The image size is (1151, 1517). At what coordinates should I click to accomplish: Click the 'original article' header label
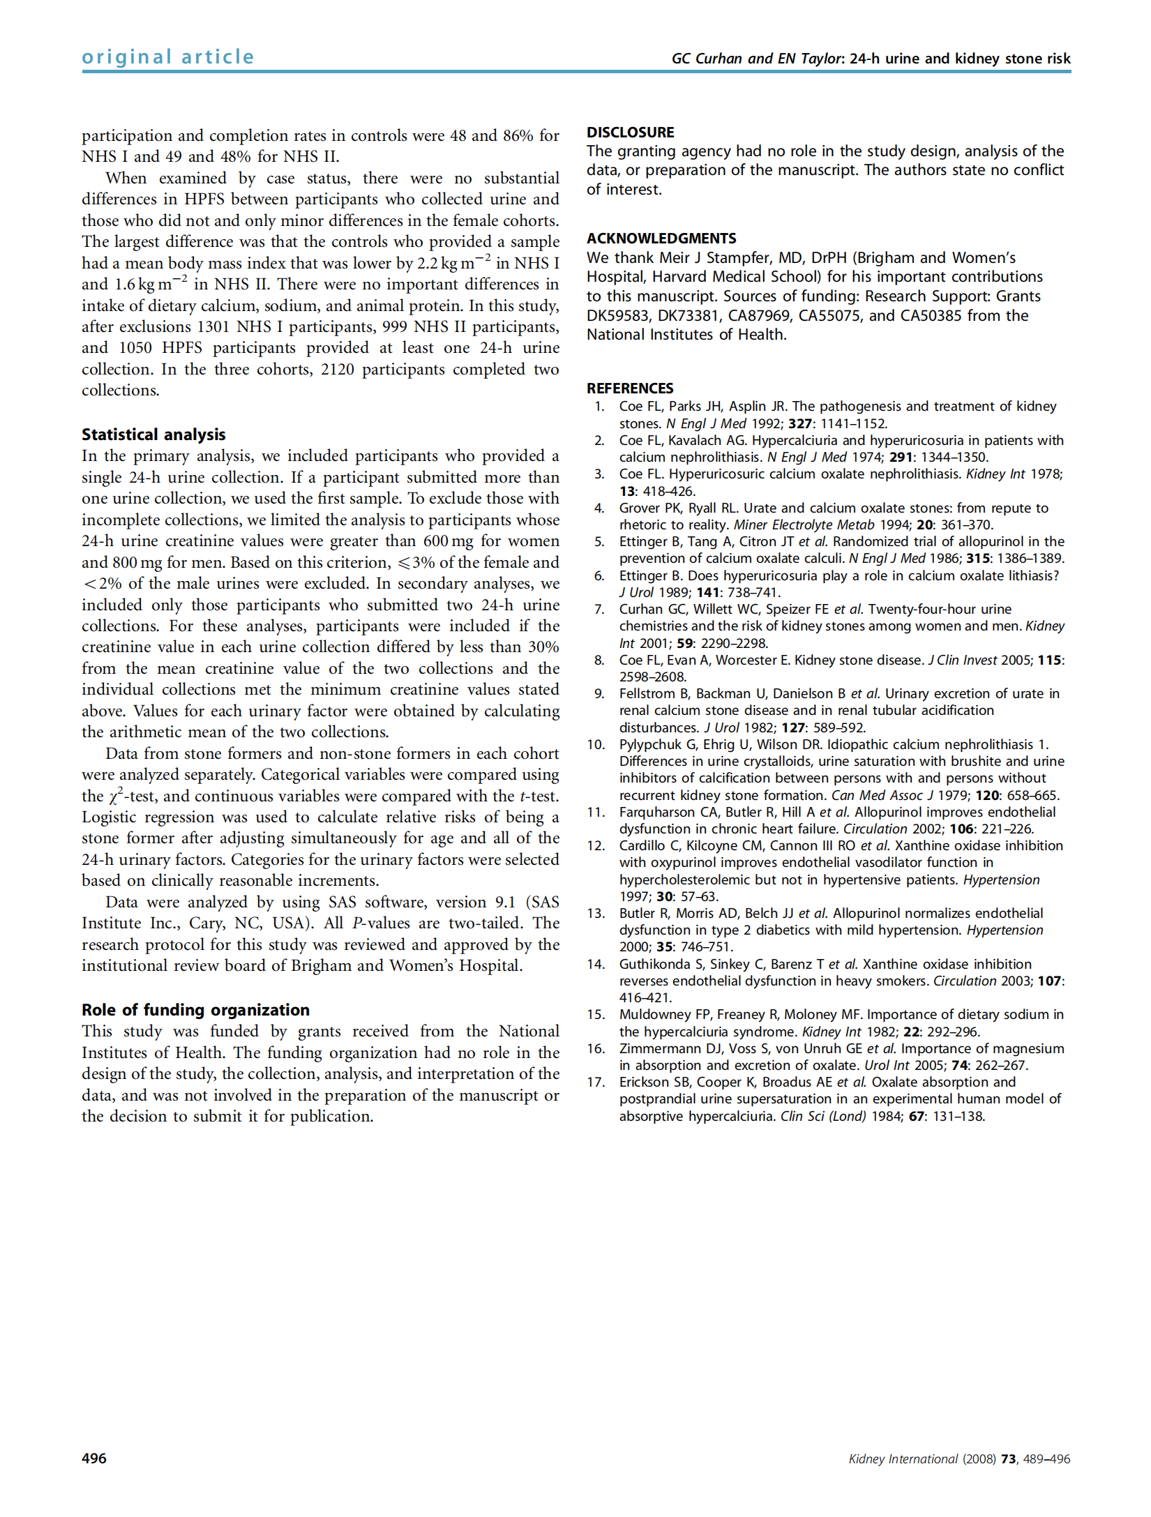[168, 56]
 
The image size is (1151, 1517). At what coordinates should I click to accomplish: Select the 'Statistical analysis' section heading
[153, 435]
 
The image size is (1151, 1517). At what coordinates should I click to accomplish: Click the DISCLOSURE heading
[630, 132]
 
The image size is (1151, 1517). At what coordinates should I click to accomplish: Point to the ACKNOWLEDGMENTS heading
[661, 238]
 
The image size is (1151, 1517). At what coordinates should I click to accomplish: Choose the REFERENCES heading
[630, 388]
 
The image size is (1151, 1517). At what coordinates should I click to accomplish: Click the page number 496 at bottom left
[94, 1458]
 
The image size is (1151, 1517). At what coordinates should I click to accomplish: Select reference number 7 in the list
[599, 609]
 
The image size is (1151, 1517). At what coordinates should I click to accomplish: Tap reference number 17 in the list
[595, 1082]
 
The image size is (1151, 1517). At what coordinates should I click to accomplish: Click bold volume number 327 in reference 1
[800, 423]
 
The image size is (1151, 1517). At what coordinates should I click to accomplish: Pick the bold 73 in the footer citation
[1008, 1458]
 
